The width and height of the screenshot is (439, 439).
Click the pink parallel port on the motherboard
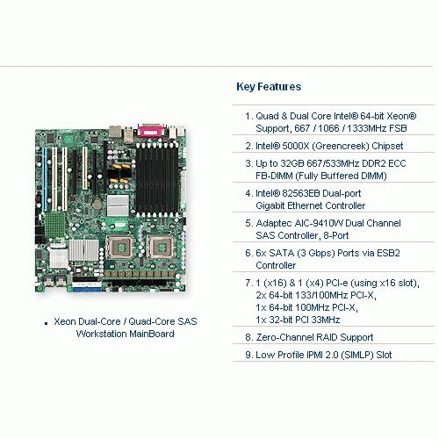point(151,131)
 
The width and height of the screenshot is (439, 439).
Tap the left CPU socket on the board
point(119,248)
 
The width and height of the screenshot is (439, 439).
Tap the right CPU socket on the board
point(160,248)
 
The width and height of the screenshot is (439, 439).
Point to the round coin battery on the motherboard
point(97,204)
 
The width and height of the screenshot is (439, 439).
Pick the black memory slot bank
point(157,180)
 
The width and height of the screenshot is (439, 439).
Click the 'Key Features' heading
point(269,87)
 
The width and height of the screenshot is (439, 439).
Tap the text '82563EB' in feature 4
point(300,193)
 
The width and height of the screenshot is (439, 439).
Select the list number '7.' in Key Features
point(249,283)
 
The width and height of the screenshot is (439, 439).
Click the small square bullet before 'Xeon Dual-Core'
point(46,323)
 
